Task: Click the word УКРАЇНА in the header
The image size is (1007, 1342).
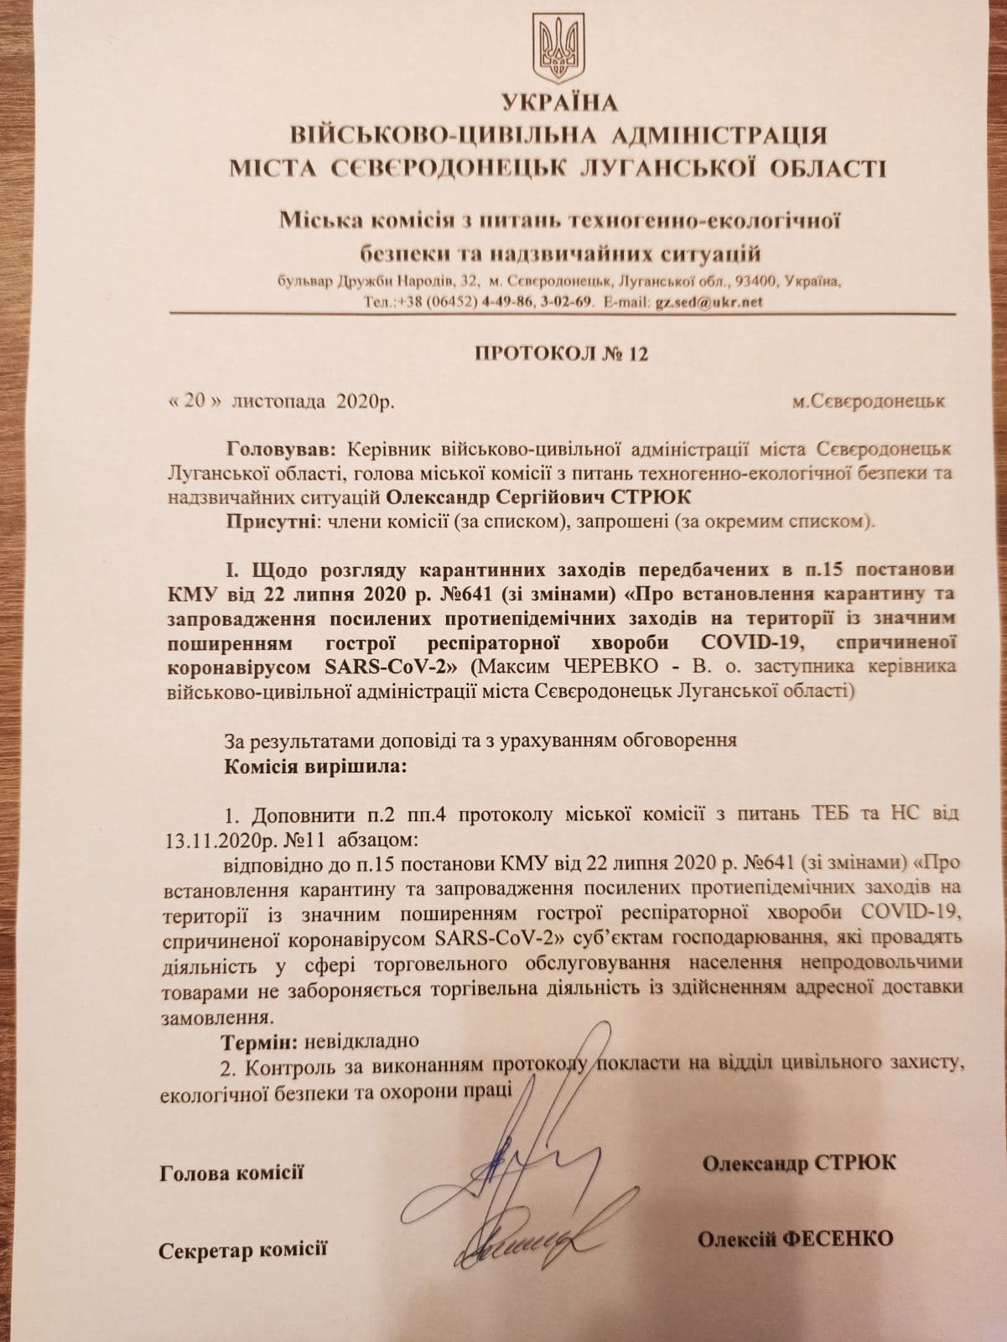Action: [x=559, y=103]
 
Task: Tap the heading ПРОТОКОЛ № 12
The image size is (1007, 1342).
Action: [x=561, y=353]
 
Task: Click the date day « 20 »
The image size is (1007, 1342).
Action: [x=194, y=401]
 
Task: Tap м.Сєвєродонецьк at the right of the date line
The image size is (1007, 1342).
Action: [x=869, y=401]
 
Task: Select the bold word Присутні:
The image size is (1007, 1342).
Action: [x=265, y=522]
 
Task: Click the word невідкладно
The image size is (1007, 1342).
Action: [x=361, y=1043]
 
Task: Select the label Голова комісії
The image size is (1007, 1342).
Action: [x=231, y=1173]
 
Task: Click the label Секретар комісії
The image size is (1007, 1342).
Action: [x=242, y=1251]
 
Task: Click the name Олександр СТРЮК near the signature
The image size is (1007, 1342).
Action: [x=798, y=1163]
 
